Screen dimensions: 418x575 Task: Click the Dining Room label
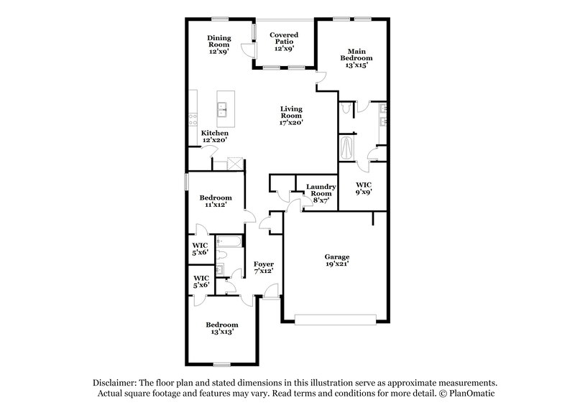[218, 45]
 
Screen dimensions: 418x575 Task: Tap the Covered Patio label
[284, 42]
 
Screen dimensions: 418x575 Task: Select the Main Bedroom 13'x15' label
[357, 58]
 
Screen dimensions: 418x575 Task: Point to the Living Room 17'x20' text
[291, 116]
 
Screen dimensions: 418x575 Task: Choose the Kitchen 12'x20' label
[214, 136]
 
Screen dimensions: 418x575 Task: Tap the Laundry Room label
[320, 193]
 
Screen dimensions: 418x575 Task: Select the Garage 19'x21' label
[336, 260]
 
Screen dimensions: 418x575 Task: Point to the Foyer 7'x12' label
[264, 268]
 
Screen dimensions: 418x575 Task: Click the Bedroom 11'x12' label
[215, 202]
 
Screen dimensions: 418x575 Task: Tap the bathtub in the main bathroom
[348, 149]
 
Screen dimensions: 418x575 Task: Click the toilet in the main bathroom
[347, 108]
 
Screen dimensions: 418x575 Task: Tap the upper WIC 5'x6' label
[201, 249]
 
